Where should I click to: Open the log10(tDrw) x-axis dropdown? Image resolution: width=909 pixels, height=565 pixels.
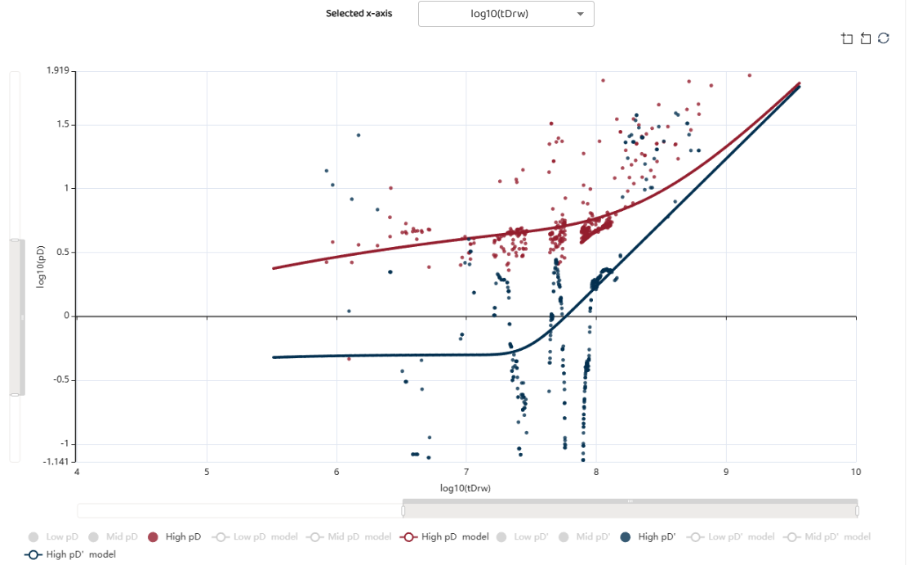506,14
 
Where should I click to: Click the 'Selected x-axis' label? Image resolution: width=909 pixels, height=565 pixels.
359,14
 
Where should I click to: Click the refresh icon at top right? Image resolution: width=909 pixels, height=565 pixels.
884,38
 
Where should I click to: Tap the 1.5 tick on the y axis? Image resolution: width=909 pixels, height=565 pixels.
62,125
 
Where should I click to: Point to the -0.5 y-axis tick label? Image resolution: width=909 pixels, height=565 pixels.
60,380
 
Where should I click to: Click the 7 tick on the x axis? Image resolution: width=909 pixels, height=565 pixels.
466,472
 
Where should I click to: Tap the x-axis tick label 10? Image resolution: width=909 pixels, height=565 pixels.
856,472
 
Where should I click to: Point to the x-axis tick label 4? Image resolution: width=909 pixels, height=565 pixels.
77,472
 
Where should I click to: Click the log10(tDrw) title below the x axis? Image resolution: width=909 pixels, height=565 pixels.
466,488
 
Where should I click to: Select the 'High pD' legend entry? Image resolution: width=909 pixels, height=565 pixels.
176,537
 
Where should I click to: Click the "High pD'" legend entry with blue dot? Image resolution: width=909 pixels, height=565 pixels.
649,537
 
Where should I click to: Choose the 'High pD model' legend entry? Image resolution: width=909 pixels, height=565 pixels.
449,537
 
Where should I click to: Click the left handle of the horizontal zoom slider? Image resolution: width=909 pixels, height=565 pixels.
403,510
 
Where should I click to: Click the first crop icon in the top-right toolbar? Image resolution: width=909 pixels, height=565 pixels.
847,38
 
